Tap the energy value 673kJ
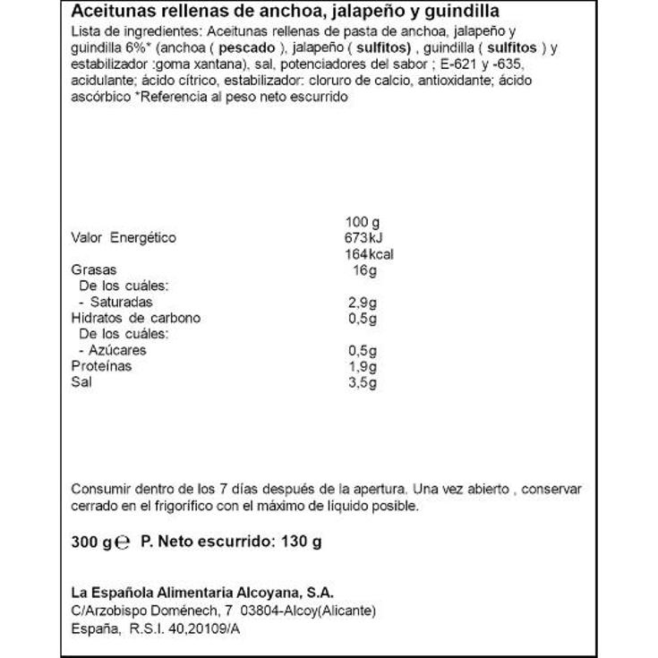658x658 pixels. coord(364,237)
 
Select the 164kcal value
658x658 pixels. coord(368,253)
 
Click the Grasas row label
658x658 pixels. coord(93,269)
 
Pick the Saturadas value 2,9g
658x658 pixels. coord(362,302)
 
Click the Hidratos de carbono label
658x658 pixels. coord(135,318)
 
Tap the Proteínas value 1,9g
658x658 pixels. coord(362,366)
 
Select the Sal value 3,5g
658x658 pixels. coord(362,382)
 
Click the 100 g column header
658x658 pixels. coord(363,221)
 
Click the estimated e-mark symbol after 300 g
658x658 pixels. coord(124,543)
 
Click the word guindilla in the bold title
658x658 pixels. coord(462,12)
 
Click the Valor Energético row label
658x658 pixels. coord(124,237)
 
